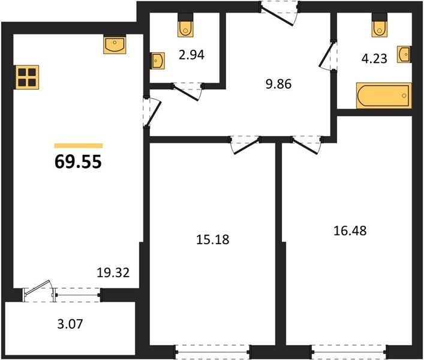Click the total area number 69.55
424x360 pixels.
pyautogui.click(x=78, y=162)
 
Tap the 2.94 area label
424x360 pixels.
pyautogui.click(x=191, y=55)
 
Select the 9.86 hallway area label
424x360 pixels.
pyautogui.click(x=278, y=84)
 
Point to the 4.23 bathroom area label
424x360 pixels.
pyautogui.click(x=374, y=58)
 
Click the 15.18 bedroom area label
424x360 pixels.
pyautogui.click(x=212, y=239)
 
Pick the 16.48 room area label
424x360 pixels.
pyautogui.click(x=350, y=231)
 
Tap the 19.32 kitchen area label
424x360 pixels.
pyautogui.click(x=113, y=272)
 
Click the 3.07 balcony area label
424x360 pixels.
pyautogui.click(x=70, y=324)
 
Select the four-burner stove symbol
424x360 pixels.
pyautogui.click(x=28, y=77)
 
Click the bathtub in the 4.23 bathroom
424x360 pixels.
pyautogui.click(x=384, y=96)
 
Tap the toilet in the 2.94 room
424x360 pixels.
pyautogui.click(x=186, y=25)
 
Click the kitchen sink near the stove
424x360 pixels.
pyautogui.click(x=115, y=44)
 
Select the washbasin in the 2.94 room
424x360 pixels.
pyautogui.click(x=157, y=61)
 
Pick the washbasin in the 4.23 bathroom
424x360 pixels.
pyautogui.click(x=404, y=55)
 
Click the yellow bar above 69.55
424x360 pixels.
pyautogui.click(x=79, y=146)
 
